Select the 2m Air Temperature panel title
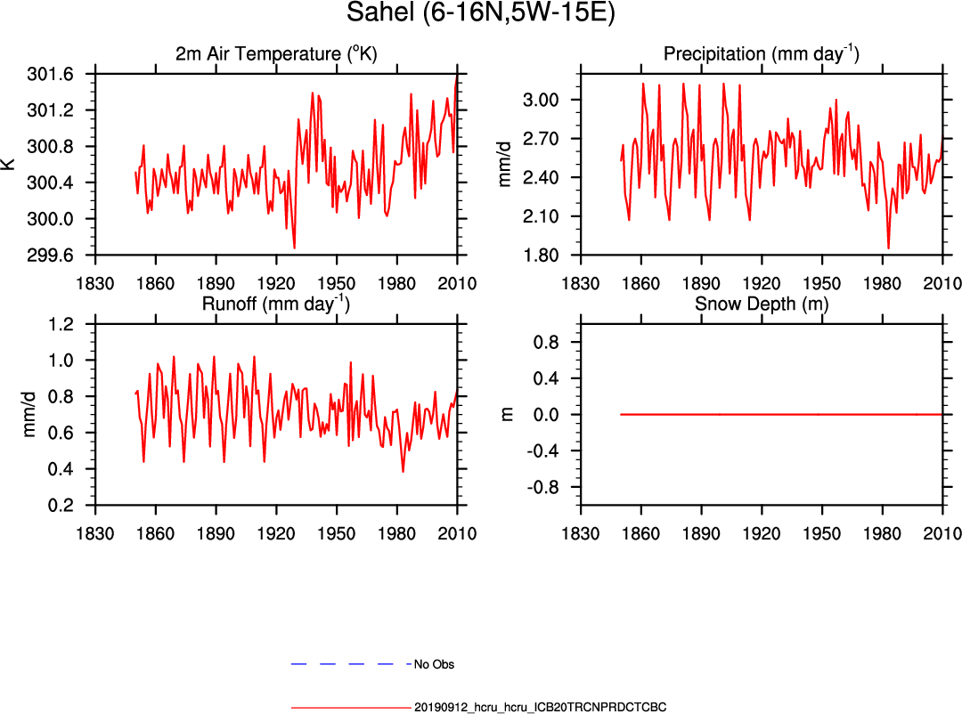point(276,54)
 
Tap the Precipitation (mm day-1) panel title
point(761,54)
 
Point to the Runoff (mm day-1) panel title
point(276,304)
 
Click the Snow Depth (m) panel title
point(761,304)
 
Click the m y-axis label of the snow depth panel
point(508,414)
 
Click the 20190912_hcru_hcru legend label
point(541,708)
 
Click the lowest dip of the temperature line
point(294,247)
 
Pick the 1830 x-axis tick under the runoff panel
point(96,534)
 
